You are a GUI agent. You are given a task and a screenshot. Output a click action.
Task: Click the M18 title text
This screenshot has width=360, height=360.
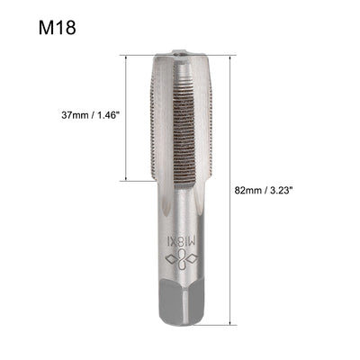click(57, 27)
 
